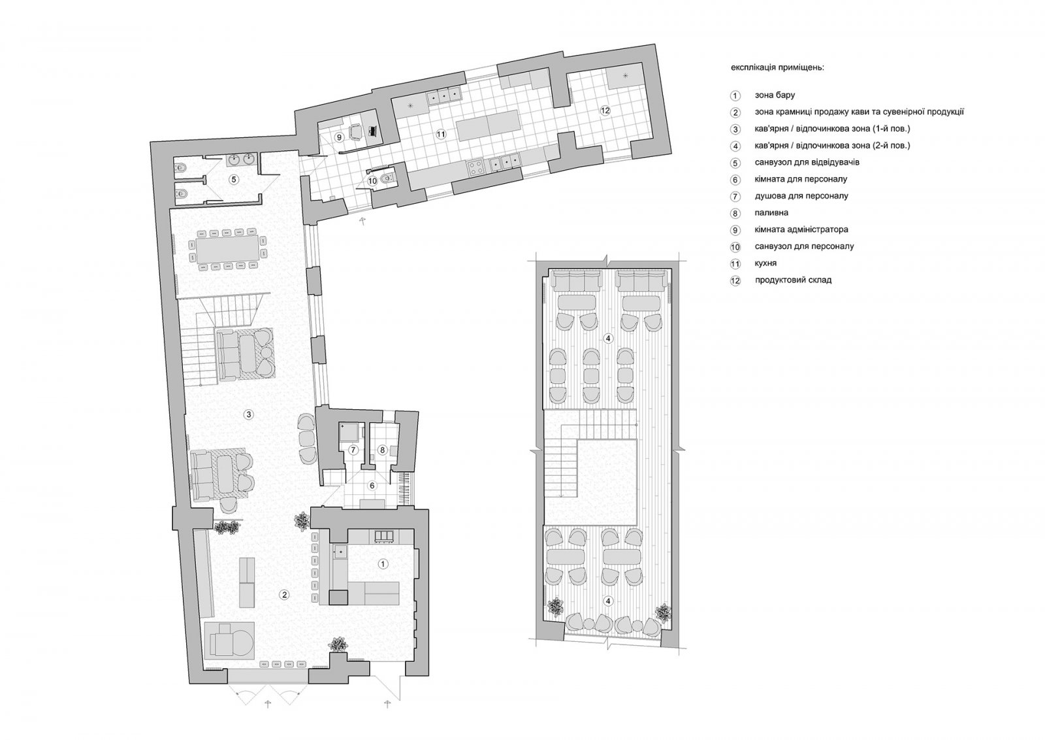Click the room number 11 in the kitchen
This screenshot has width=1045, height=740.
441,135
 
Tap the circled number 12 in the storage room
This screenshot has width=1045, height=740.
605,110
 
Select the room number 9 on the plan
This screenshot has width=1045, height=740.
340,137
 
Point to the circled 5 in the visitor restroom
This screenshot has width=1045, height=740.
234,179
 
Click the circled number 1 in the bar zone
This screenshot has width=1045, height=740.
383,564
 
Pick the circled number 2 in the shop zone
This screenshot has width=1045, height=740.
283,594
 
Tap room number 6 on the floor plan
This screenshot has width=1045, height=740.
372,486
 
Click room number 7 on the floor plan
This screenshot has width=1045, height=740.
353,450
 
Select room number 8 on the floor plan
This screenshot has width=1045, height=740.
383,450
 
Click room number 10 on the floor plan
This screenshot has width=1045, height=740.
372,181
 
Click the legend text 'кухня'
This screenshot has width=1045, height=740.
765,263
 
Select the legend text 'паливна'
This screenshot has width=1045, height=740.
771,213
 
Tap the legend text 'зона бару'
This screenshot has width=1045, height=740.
775,95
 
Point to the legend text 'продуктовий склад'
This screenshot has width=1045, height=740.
793,280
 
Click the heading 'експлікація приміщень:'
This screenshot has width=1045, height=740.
778,68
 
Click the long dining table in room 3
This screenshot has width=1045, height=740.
228,249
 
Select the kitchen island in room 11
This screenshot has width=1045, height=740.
488,125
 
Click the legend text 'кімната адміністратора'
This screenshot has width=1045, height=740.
801,229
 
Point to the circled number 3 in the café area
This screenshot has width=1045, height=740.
249,414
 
